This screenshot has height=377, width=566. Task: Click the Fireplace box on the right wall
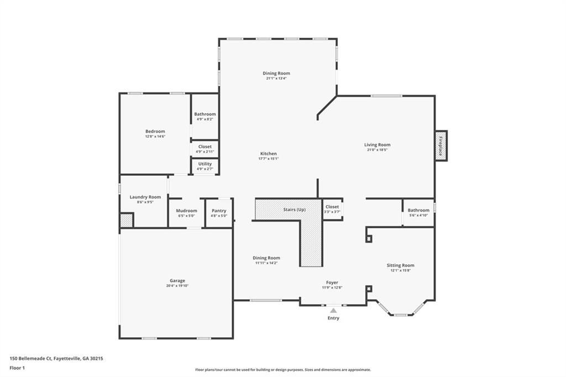pyautogui.click(x=441, y=146)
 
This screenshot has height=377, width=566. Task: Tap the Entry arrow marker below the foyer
pyautogui.click(x=333, y=311)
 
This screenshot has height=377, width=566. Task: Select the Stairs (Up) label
pyautogui.click(x=294, y=209)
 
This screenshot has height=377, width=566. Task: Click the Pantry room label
pyautogui.click(x=219, y=211)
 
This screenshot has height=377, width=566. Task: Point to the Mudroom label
pyautogui.click(x=186, y=211)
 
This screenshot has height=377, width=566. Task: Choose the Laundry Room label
pyautogui.click(x=145, y=197)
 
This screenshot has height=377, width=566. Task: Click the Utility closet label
pyautogui.click(x=205, y=164)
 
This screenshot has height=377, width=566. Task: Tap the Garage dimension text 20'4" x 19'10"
pyautogui.click(x=177, y=286)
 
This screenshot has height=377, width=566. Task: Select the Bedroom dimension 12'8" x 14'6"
pyautogui.click(x=155, y=136)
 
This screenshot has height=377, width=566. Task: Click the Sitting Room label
pyautogui.click(x=400, y=265)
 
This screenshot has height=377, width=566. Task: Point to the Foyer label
pyautogui.click(x=332, y=282)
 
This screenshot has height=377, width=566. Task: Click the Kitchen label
pyautogui.click(x=269, y=154)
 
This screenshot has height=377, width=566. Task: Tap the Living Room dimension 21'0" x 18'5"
pyautogui.click(x=378, y=150)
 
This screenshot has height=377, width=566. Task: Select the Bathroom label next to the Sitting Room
pyautogui.click(x=418, y=210)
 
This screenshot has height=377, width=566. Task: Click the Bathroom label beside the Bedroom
pyautogui.click(x=205, y=114)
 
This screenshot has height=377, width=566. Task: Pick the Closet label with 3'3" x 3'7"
pyautogui.click(x=332, y=207)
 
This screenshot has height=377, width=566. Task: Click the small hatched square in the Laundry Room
pyautogui.click(x=127, y=220)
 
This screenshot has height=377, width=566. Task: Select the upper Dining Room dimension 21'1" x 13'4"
pyautogui.click(x=276, y=78)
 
